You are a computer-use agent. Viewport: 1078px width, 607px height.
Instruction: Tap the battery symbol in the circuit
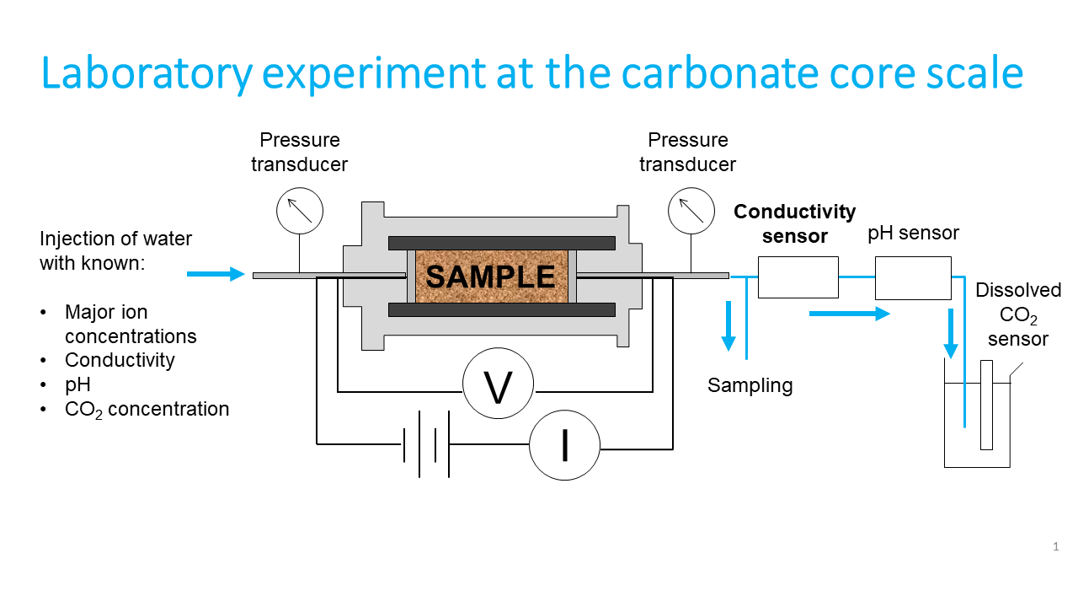[x=426, y=443]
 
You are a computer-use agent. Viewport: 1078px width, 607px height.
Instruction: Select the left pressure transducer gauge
[x=300, y=209]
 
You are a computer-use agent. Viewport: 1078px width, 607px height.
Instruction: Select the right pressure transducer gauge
[x=691, y=209]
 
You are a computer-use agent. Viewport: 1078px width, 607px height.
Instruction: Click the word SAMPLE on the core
[x=490, y=277]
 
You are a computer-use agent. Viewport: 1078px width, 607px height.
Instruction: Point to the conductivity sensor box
[x=798, y=277]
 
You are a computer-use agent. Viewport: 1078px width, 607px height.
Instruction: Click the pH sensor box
[x=914, y=278]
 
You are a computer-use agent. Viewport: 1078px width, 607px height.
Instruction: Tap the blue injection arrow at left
[x=215, y=274]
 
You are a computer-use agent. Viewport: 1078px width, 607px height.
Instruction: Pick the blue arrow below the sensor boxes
[x=849, y=314]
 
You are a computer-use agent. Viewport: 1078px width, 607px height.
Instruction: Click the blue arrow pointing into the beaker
[x=952, y=334]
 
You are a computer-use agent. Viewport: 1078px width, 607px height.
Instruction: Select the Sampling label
[x=750, y=386]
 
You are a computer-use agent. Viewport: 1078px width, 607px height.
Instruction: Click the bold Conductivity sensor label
[x=794, y=223]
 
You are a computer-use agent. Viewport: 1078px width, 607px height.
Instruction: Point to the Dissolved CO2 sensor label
[x=1018, y=314]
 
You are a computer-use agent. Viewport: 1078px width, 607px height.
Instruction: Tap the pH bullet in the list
[x=77, y=384]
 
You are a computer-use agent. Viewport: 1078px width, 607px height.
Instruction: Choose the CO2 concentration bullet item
[x=147, y=410]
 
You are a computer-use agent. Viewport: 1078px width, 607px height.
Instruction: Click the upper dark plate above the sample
[x=501, y=243]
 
